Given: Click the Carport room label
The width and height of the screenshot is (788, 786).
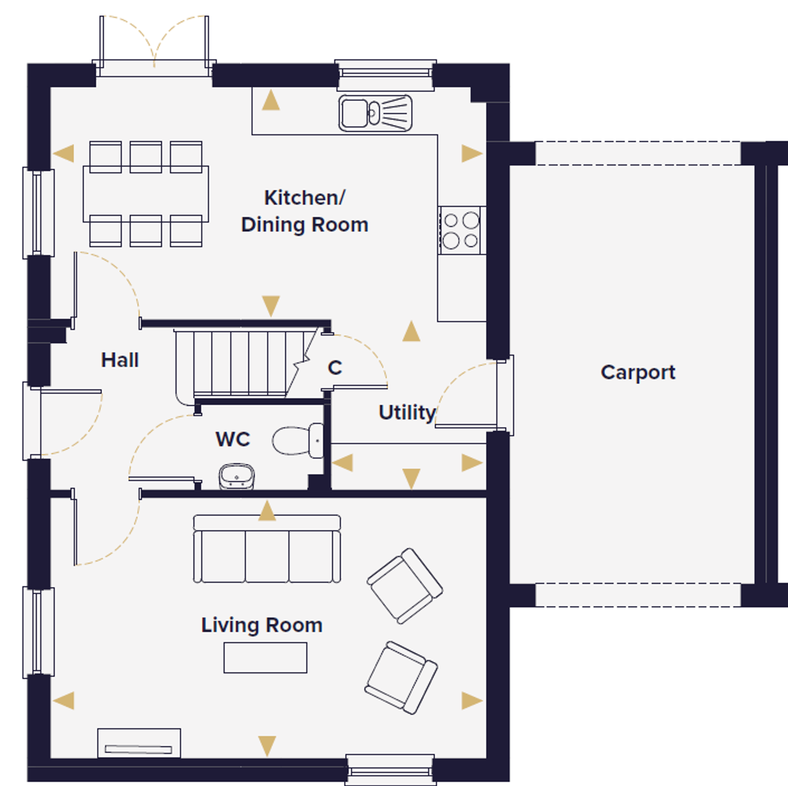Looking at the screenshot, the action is (638, 373).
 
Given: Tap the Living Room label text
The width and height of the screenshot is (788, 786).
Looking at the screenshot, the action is (262, 625).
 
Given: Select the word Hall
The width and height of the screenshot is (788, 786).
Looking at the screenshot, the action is (120, 360).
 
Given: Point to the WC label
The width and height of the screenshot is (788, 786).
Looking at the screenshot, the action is (232, 439).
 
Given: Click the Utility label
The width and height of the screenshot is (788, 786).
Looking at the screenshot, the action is (407, 413).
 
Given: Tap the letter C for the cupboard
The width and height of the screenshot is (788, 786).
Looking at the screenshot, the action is (335, 368).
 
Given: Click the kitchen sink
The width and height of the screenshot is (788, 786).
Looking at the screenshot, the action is (375, 113).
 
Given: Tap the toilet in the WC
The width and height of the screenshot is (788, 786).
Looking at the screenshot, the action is (298, 441).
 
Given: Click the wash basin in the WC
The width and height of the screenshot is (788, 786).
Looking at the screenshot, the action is (236, 476).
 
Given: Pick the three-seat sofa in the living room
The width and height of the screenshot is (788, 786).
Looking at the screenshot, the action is (267, 549).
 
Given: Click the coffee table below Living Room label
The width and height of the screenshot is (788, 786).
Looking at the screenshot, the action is (265, 657).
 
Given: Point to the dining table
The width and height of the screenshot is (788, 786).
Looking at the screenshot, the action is (146, 194).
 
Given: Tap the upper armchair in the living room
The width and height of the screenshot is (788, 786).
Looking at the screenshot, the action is (405, 586).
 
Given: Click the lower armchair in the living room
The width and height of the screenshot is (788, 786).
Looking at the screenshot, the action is (401, 678).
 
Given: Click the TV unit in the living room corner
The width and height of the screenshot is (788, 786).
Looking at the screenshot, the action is (139, 743).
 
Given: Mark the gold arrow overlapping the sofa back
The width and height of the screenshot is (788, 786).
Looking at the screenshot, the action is (267, 510).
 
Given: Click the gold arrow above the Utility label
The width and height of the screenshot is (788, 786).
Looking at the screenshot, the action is (411, 331).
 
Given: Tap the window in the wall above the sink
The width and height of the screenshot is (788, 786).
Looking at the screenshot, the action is (385, 75).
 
